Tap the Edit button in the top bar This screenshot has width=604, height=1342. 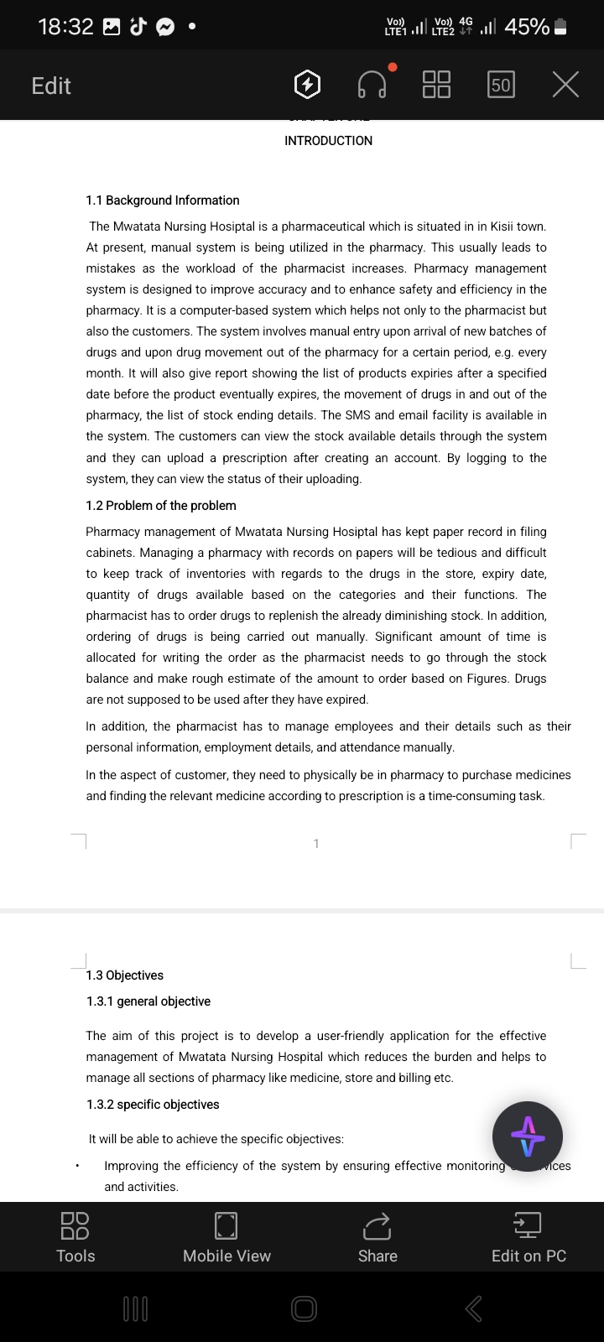51,86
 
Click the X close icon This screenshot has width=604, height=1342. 565,85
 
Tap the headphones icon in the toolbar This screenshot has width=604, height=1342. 372,85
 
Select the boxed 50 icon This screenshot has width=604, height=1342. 501,85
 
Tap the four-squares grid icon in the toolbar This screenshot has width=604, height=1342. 436,85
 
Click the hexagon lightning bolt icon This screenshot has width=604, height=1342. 308,85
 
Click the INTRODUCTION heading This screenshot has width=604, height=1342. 328,141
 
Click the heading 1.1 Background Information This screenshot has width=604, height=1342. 163,200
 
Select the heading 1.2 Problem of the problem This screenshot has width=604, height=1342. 161,506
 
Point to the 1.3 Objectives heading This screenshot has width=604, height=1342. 125,975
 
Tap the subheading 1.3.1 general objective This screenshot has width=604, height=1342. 148,1001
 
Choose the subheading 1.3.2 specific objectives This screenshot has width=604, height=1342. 153,1105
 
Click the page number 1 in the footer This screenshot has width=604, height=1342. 316,844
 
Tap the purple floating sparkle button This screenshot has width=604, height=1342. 528,1137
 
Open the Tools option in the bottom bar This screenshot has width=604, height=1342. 75,1237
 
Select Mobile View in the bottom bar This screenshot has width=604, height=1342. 226,1237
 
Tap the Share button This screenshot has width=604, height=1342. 377,1237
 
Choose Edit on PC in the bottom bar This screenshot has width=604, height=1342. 528,1237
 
